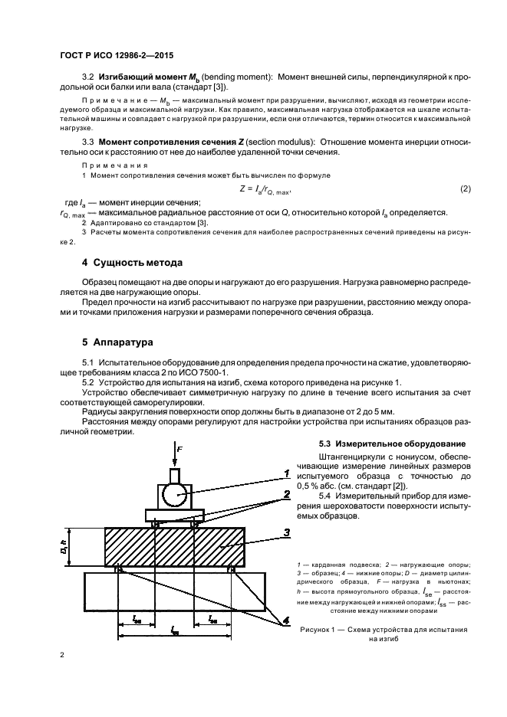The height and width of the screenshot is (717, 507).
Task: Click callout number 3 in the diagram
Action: pyautogui.click(x=285, y=532)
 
